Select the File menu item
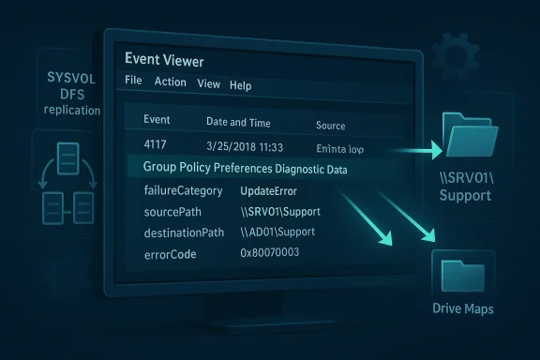pyautogui.click(x=133, y=82)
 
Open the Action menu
pyautogui.click(x=170, y=82)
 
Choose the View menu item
pyautogui.click(x=208, y=84)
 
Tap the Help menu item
pyautogui.click(x=241, y=85)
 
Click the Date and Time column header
pyautogui.click(x=238, y=123)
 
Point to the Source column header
pyautogui.click(x=330, y=126)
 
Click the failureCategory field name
pyautogui.click(x=183, y=191)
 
